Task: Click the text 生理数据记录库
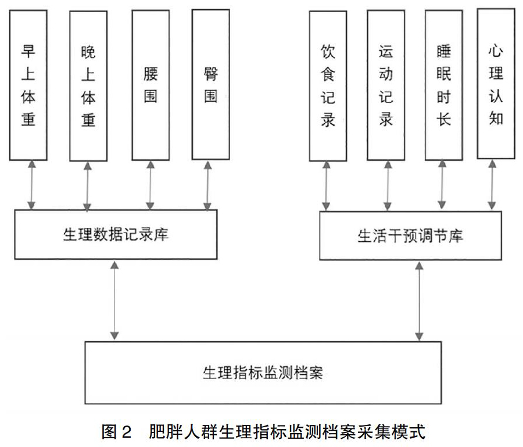click(116, 234)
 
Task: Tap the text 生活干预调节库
click(410, 236)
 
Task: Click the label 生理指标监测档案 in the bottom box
click(263, 373)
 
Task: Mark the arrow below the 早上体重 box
click(32, 185)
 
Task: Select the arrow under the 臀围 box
click(208, 186)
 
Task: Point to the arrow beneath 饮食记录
click(326, 186)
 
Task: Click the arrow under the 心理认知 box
click(492, 184)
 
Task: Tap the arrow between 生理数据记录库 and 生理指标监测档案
click(114, 301)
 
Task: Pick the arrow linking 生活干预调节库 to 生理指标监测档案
click(419, 301)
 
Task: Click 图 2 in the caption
click(117, 432)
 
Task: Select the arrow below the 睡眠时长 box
click(442, 184)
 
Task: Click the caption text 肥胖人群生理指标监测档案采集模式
click(287, 432)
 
